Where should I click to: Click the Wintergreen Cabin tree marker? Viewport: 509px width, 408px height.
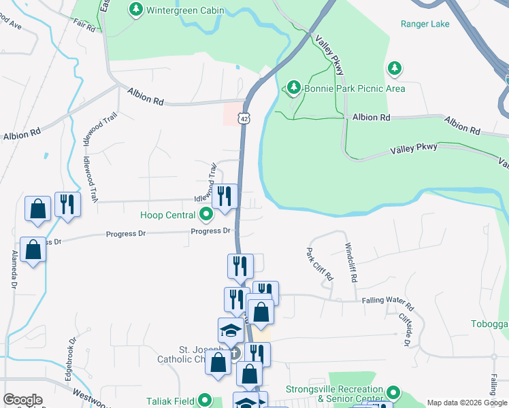[137, 10]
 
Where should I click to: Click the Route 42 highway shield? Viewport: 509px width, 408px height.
[244, 118]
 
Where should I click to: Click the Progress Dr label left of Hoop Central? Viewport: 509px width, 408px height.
[126, 235]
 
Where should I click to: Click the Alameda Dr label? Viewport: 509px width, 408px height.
[14, 271]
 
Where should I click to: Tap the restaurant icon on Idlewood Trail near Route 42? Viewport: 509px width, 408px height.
[225, 197]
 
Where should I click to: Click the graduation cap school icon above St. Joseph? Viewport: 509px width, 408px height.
[231, 330]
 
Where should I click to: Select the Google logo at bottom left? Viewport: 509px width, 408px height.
[22, 400]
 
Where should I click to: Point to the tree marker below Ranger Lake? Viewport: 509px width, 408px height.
[394, 68]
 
